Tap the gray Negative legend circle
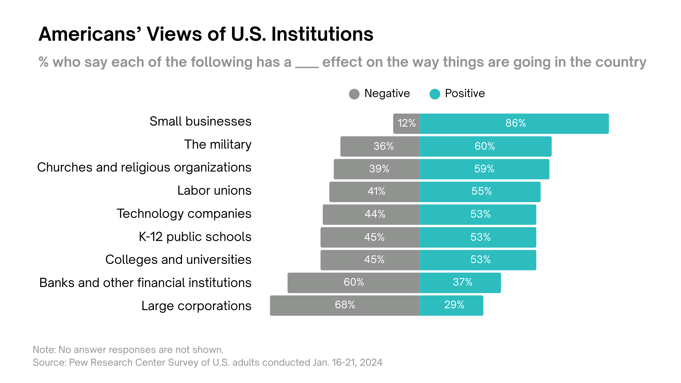(354, 94)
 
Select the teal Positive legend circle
(435, 94)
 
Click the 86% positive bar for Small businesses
(514, 123)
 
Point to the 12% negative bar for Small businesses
(406, 123)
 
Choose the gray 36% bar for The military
(380, 146)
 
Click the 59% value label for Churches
(484, 169)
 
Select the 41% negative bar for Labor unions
(374, 191)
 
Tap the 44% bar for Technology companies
(371, 214)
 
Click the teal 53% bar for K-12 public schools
(478, 237)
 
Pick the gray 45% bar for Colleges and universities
(370, 260)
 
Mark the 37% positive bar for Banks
(460, 282)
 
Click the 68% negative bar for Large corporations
(345, 305)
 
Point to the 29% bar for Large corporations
(451, 305)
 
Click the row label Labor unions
(214, 190)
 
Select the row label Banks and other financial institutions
(145, 282)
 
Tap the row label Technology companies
(184, 214)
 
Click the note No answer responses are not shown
(128, 349)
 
